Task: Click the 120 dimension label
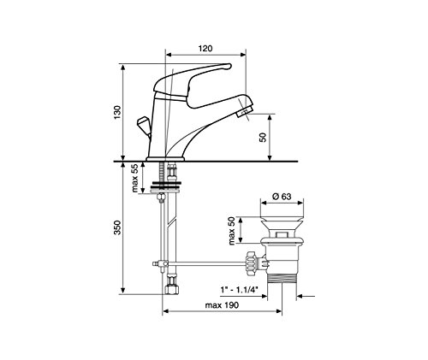coord(205,48)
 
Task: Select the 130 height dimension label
coord(117,112)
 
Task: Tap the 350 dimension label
coord(117,227)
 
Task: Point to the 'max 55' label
coord(134,178)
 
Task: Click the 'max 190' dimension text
coord(222,305)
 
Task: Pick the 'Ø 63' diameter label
coord(282,197)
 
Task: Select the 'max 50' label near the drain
coord(231,231)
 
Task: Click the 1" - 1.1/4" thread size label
coord(239,290)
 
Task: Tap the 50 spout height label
coord(263,138)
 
